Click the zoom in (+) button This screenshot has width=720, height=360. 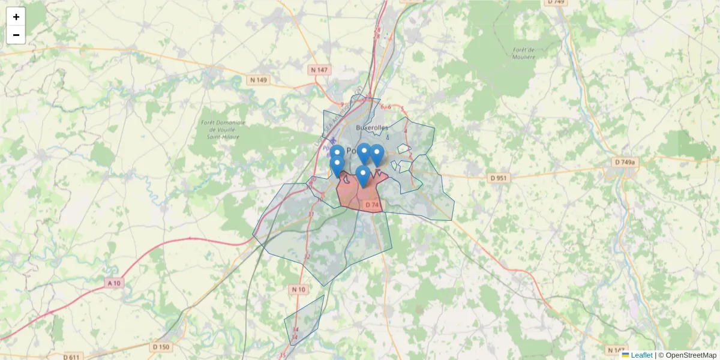click(16, 17)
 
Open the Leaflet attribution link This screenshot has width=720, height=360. click(641, 355)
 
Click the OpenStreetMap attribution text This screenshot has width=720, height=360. click(691, 355)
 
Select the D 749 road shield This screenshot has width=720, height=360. click(556, 2)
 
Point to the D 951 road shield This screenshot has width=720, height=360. click(498, 178)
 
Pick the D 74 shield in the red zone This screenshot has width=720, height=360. click(372, 205)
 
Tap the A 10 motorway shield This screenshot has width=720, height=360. click(113, 283)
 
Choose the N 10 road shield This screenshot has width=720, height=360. click(298, 290)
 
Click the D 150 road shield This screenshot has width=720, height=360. click(161, 347)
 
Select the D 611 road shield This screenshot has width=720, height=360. click(70, 358)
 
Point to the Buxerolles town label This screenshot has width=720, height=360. click(371, 127)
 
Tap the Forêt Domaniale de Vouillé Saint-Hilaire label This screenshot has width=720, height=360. click(224, 130)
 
